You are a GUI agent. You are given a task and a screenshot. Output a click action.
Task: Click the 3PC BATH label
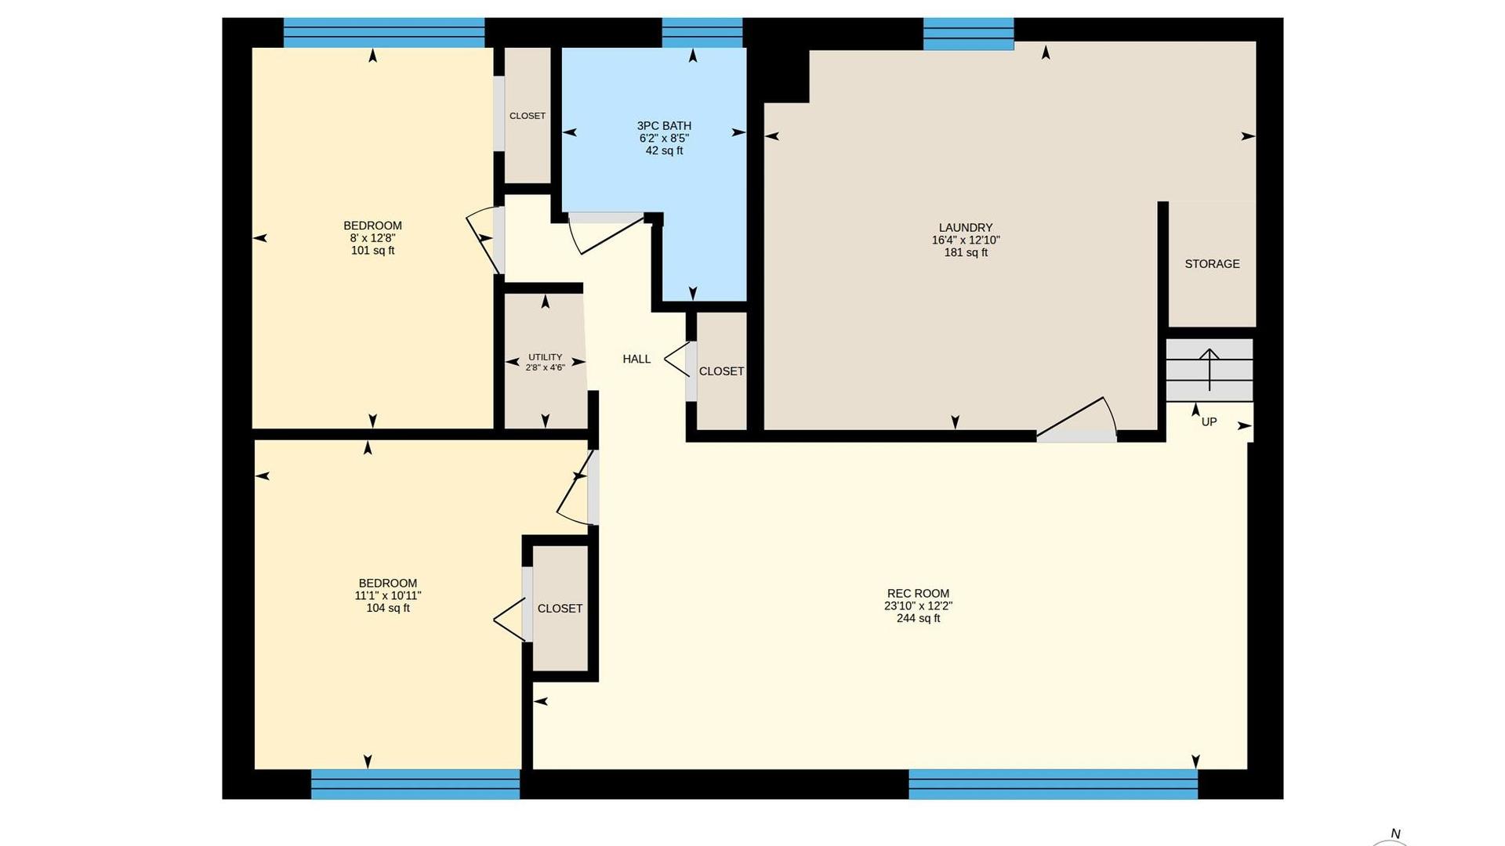664,125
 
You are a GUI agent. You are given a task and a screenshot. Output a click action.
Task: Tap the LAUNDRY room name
966,228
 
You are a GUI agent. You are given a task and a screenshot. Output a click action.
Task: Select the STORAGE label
1212,264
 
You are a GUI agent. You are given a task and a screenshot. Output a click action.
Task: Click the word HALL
636,359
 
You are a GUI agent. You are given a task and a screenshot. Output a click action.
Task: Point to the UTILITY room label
545,357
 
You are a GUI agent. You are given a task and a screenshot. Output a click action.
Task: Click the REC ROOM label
918,594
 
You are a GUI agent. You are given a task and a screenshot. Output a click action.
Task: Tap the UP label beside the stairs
1209,421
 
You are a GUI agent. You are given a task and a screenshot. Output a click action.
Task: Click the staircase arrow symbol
1209,369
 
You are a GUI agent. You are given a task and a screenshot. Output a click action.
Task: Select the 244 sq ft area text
918,618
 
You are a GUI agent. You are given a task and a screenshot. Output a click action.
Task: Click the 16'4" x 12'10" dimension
966,240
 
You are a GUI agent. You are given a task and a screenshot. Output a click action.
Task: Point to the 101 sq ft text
372,251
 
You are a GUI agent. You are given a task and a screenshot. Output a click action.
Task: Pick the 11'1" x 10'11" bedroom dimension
388,595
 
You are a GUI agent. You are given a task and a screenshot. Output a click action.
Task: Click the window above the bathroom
702,33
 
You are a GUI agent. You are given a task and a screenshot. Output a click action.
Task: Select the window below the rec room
1053,784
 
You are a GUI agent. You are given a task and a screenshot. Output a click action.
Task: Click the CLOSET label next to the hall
721,371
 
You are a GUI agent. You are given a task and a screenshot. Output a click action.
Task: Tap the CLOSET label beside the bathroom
528,116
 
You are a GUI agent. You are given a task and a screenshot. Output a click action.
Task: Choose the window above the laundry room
968,34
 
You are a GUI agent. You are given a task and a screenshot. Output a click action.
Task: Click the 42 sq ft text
664,150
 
